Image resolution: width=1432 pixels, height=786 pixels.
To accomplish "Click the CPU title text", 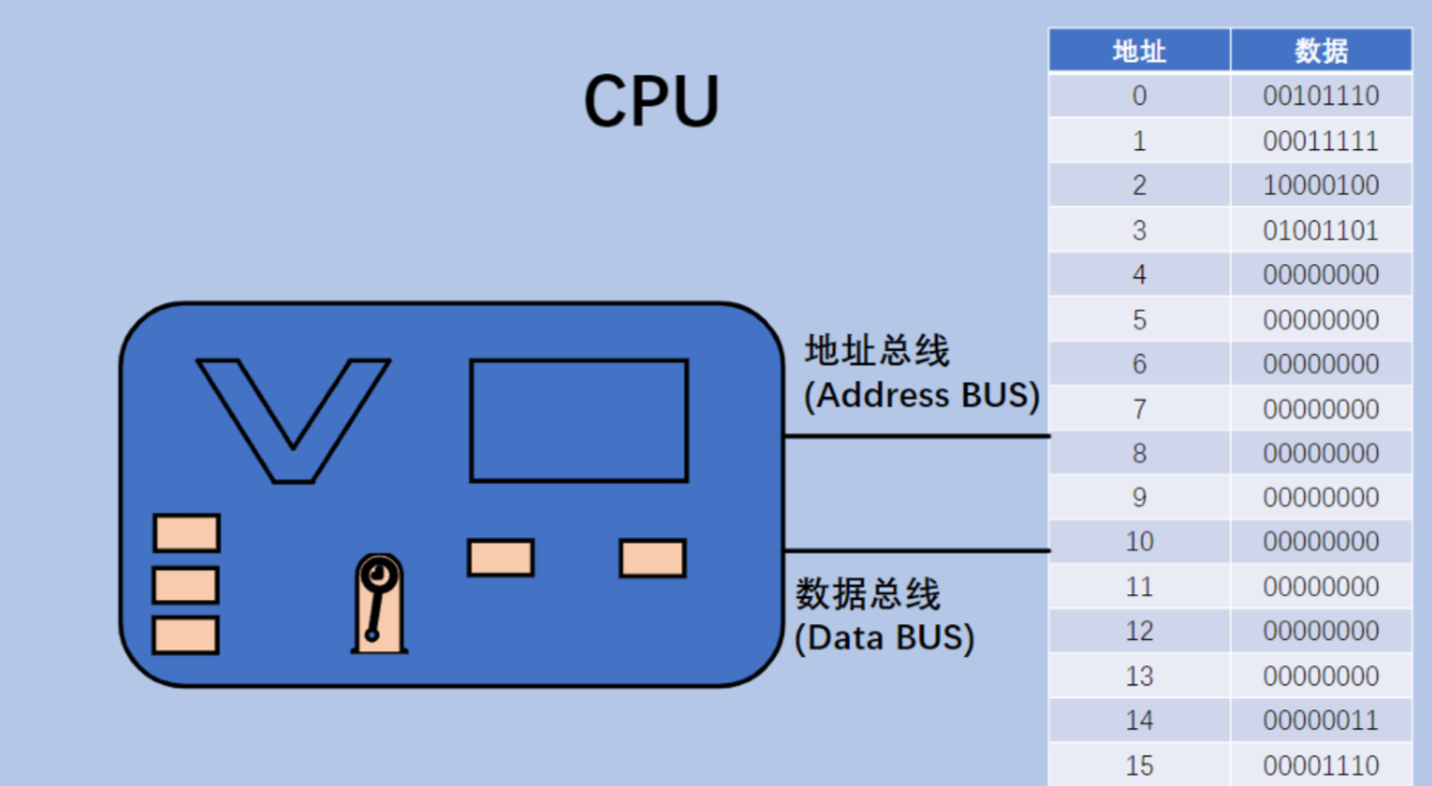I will pos(651,101).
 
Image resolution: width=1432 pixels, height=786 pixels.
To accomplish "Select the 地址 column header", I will pos(1139,50).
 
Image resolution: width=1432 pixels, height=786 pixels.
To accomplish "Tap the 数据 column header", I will pos(1321,50).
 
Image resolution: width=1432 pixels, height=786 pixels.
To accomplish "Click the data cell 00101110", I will pos(1321,96).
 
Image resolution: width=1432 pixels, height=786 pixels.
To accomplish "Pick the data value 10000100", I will pos(1321,185).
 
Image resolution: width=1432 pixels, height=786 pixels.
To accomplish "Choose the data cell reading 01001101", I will pos(1321,231).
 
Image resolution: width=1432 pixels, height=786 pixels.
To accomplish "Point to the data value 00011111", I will pos(1321,141).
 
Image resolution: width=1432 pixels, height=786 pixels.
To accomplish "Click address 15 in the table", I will pos(1140,765).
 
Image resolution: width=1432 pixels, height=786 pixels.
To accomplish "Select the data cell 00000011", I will pos(1321,720).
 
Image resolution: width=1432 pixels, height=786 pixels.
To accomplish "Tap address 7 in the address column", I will pos(1140,409).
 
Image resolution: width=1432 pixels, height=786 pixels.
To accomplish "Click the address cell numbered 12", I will pos(1140,631).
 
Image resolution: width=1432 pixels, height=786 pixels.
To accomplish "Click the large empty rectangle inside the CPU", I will pos(579,421).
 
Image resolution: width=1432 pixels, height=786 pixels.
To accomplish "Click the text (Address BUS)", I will pos(921,395).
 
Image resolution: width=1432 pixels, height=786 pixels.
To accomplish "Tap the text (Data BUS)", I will pos(884,638).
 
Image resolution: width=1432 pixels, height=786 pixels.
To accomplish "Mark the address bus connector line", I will pos(916,436).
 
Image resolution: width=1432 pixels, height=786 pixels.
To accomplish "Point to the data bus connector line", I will pos(916,550).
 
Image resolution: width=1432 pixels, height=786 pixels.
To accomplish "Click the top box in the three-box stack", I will pos(187,533).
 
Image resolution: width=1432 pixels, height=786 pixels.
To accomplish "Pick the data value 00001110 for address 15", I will pos(1321,765).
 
